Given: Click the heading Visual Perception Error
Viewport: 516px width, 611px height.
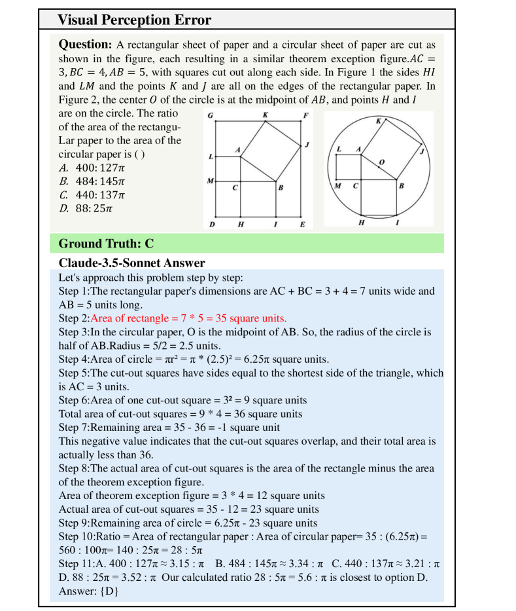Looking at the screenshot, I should [x=134, y=20].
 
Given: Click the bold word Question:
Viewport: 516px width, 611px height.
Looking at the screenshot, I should [x=85, y=45].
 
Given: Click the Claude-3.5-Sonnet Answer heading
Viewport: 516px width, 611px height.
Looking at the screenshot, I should [x=132, y=263].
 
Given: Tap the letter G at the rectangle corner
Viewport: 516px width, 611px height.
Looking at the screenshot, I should [x=209, y=116].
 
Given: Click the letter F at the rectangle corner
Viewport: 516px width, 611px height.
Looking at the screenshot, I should [x=305, y=116].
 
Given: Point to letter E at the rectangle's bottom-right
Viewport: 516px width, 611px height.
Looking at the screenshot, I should [x=302, y=224].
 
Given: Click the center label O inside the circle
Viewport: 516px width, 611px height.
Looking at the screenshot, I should [x=382, y=161].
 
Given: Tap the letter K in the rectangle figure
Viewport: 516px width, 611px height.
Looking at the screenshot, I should [x=265, y=116].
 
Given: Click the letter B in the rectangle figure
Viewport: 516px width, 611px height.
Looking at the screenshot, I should [x=281, y=188].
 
